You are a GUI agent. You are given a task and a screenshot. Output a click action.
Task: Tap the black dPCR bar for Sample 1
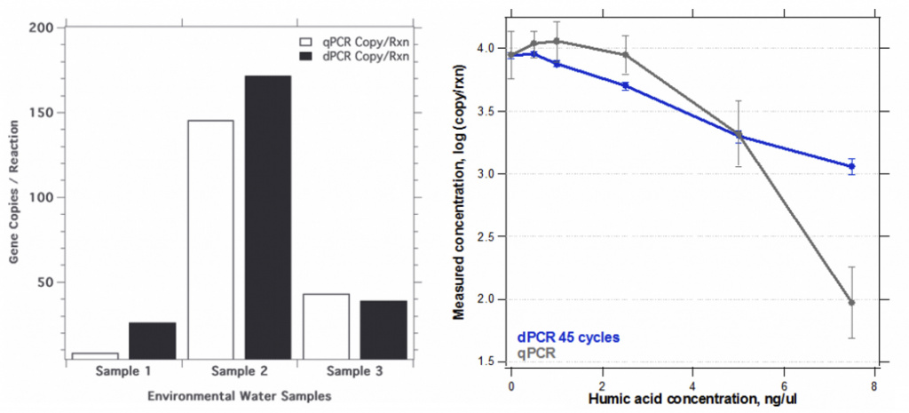click(152, 339)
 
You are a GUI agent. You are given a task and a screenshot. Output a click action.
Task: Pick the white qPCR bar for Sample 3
click(326, 325)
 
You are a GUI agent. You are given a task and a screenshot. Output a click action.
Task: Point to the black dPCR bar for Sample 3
click(383, 329)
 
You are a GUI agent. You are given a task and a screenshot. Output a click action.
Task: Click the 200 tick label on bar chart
click(39, 28)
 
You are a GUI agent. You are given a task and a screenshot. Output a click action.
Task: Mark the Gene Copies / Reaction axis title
click(14, 194)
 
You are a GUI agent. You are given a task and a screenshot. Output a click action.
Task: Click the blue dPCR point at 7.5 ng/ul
click(851, 166)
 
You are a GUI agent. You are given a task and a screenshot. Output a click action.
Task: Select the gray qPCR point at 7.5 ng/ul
click(851, 303)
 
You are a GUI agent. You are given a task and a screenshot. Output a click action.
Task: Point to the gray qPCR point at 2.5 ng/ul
click(625, 55)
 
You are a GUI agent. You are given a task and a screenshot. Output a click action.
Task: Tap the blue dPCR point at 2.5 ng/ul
click(625, 85)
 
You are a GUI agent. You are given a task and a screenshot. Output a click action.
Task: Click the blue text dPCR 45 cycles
click(567, 338)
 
